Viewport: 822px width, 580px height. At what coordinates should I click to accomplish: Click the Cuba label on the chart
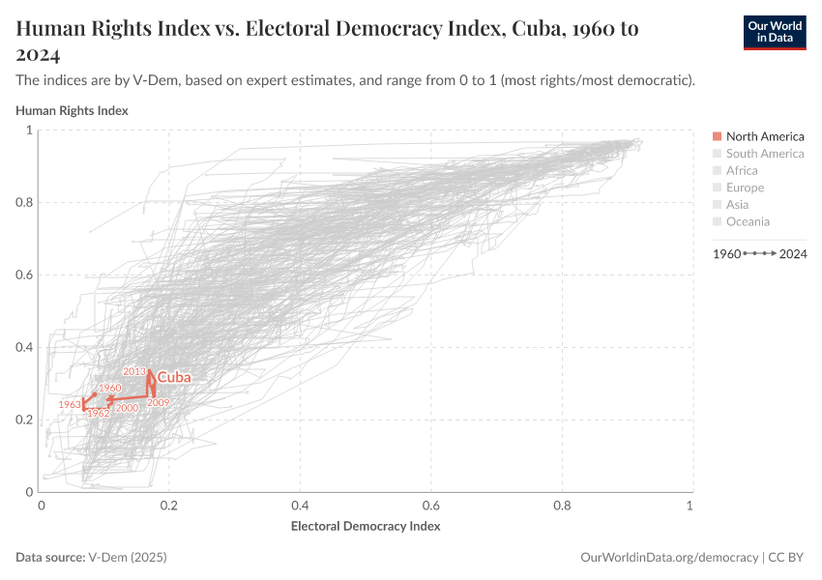coord(174,377)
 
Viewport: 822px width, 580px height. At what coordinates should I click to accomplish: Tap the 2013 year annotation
coord(133,371)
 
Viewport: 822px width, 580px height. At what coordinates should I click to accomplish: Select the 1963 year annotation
coord(69,404)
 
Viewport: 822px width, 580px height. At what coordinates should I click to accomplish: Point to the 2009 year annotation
coord(159,402)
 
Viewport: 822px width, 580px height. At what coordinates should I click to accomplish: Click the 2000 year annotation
coord(127,408)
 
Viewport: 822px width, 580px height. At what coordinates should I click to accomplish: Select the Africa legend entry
coord(741,170)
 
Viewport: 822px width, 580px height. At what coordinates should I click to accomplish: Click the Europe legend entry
coord(744,188)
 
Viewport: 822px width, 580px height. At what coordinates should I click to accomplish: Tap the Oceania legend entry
coord(747,221)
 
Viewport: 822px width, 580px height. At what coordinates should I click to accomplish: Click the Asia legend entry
coord(738,204)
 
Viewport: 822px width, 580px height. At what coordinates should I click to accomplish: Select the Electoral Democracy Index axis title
coord(366,527)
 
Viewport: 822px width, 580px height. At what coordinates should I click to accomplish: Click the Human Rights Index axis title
coord(72,110)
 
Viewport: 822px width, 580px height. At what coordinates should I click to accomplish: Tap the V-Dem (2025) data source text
coord(128,558)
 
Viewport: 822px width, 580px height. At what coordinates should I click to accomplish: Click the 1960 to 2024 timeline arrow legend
coord(759,253)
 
